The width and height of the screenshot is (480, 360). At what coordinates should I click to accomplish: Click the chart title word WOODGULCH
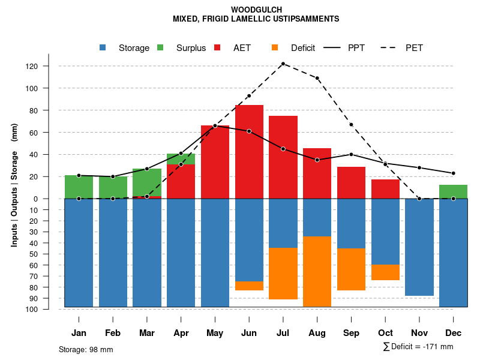pos(256,10)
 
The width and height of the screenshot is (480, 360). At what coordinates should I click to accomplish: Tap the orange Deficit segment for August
pos(317,272)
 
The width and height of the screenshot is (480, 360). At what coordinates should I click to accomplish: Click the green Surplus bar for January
pos(79,187)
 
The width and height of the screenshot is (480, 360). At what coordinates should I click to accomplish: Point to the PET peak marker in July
pos(283,64)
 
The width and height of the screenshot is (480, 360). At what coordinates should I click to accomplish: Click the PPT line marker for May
pos(215,126)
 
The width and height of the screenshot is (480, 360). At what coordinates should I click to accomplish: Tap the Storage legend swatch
pos(103,48)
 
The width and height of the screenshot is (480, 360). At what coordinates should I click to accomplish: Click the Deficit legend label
pos(302,48)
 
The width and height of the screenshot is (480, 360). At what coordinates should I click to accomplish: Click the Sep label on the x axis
pos(351,332)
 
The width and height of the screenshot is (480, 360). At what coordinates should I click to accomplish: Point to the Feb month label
pos(113,332)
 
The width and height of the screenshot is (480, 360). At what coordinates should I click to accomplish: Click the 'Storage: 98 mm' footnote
pos(86,349)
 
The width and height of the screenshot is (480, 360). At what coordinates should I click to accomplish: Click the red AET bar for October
pos(385,189)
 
